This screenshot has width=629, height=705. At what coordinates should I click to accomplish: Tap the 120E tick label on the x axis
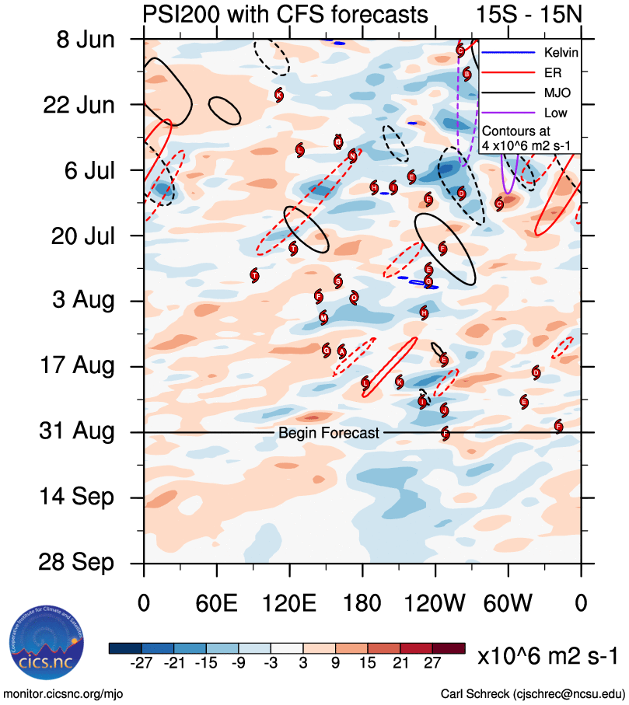(289, 603)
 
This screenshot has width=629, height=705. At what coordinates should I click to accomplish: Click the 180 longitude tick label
(362, 603)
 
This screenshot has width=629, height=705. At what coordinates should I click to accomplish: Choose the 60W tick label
(508, 603)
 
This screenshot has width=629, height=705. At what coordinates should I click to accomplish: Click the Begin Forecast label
(329, 433)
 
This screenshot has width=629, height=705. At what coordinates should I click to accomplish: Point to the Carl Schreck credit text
(533, 693)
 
